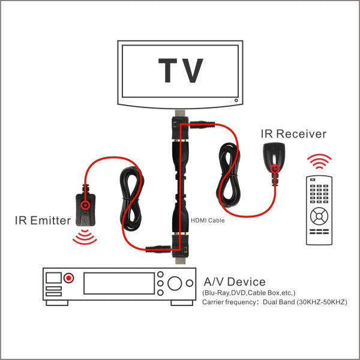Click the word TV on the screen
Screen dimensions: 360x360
click(180, 71)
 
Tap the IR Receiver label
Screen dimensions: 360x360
click(293, 133)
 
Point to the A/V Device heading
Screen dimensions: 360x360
click(235, 281)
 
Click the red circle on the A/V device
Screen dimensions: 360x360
click(70, 278)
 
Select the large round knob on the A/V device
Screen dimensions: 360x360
click(175, 283)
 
